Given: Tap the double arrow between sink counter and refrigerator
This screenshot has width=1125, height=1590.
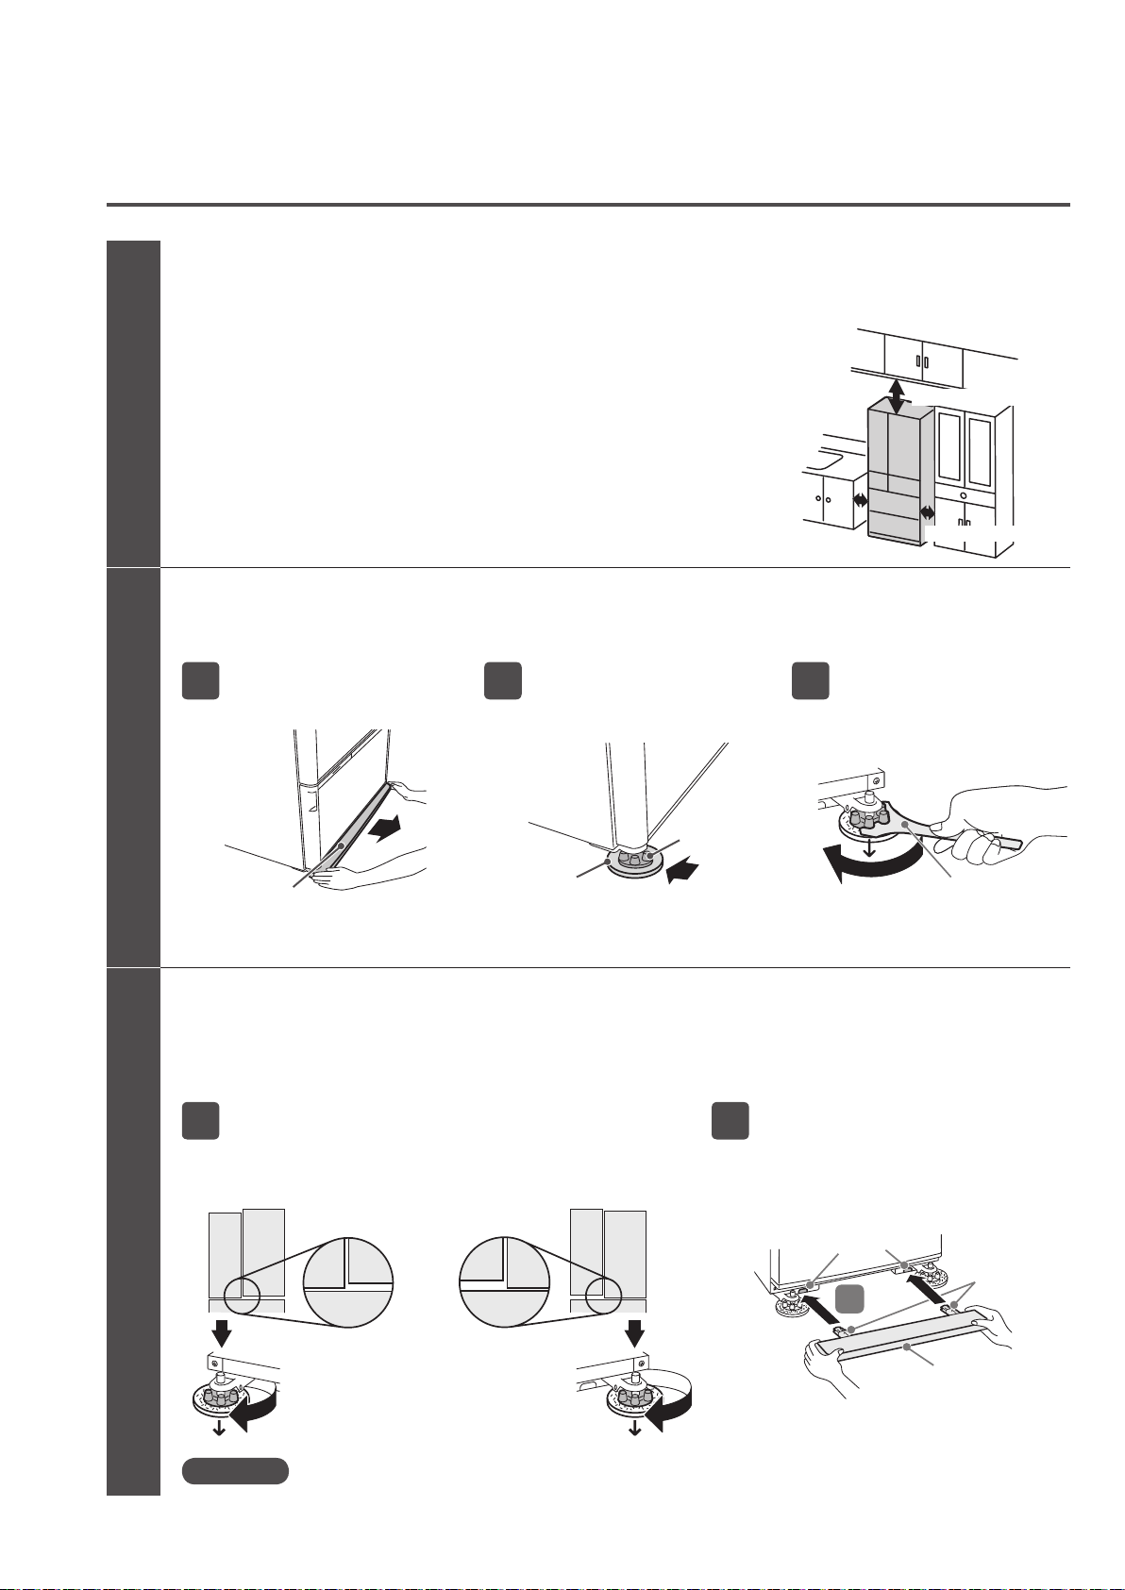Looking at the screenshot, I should (x=860, y=502).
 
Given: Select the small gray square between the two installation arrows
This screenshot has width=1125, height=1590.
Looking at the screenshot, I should (x=849, y=1300).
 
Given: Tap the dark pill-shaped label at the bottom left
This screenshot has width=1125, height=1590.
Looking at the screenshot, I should (x=235, y=1470).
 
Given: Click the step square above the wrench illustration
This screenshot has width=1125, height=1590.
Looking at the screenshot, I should (x=810, y=680).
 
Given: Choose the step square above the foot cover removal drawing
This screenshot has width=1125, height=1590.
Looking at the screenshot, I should (x=200, y=680).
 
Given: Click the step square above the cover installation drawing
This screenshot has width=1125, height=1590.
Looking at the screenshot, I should (x=730, y=1120).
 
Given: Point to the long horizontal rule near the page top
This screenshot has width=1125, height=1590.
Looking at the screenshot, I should (x=588, y=204).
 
